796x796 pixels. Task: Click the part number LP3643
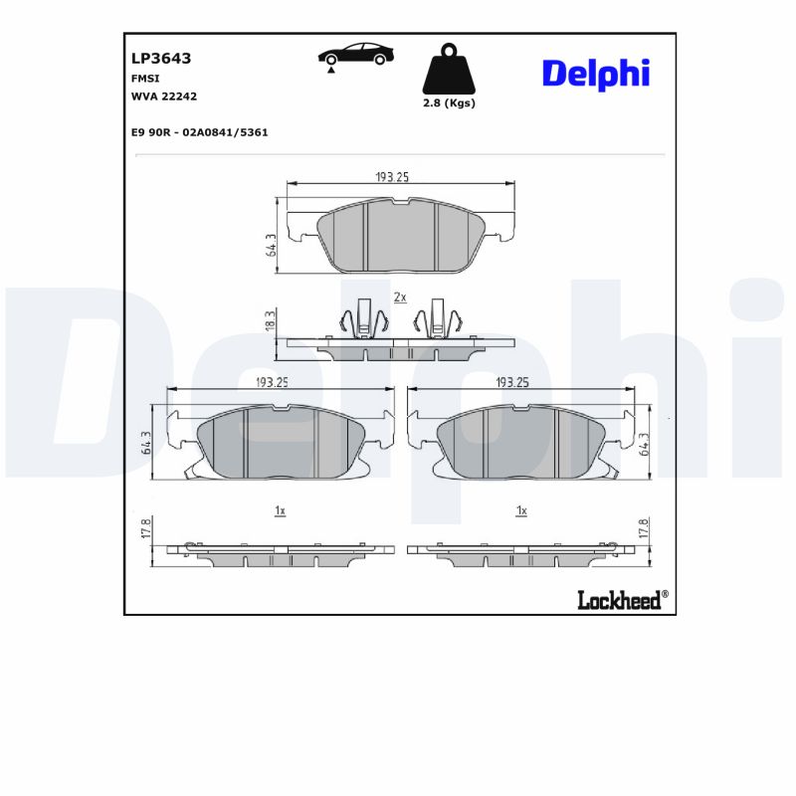click(161, 59)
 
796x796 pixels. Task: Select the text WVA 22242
click(164, 96)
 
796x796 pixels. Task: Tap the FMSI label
click(145, 78)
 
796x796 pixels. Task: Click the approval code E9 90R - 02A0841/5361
click(200, 131)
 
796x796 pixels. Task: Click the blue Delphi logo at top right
click(595, 73)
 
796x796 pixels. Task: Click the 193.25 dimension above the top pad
click(392, 176)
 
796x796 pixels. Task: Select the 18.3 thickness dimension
click(270, 321)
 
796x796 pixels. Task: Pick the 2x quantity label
click(400, 297)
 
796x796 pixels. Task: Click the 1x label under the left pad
click(280, 510)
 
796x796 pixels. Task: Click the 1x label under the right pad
click(520, 510)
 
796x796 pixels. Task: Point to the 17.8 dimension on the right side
click(644, 527)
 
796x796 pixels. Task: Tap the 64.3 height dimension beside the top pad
click(271, 246)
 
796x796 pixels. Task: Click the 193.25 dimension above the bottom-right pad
click(511, 381)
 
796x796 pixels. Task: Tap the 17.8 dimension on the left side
click(146, 527)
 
